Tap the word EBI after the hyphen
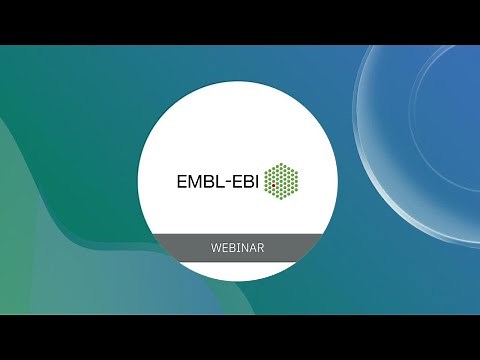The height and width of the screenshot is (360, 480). [244, 182]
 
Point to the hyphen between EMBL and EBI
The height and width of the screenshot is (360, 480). [227, 183]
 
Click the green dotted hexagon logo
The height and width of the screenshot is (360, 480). [282, 181]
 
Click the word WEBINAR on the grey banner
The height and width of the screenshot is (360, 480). [239, 246]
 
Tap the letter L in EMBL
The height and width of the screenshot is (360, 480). [220, 182]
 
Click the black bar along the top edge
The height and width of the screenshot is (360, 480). [240, 21]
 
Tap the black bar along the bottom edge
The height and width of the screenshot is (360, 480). [240, 337]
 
